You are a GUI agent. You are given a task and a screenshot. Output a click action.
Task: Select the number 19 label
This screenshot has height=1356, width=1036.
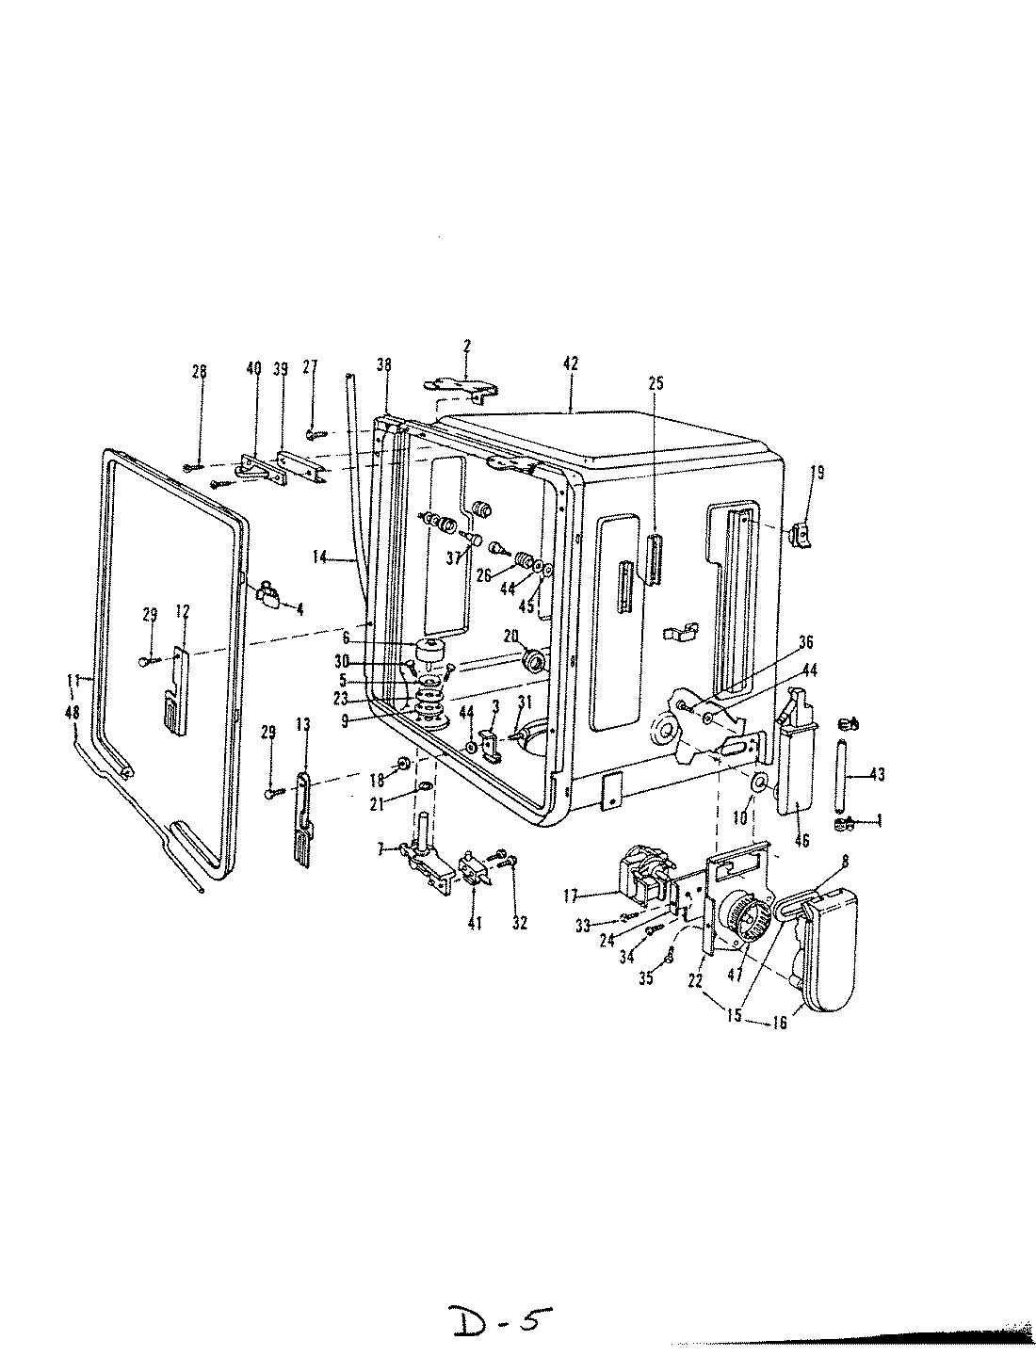[817, 473]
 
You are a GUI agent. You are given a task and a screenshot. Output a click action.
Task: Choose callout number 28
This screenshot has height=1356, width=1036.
[199, 372]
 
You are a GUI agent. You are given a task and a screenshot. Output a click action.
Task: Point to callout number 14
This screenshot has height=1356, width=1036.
[320, 557]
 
